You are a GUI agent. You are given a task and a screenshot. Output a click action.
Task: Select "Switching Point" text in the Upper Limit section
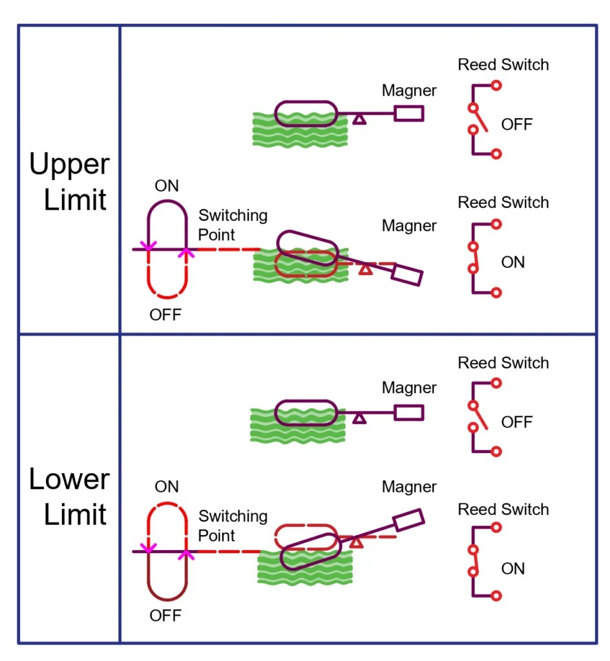tap(233, 223)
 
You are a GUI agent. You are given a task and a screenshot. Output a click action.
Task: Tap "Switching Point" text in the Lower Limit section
tap(233, 525)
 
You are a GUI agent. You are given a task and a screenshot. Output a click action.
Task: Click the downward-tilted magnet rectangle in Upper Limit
tap(407, 275)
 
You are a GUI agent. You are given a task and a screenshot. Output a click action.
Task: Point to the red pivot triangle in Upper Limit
tap(366, 269)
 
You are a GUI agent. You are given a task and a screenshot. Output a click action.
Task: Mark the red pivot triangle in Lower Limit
tap(356, 542)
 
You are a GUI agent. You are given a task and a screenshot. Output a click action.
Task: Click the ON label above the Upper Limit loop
tap(167, 186)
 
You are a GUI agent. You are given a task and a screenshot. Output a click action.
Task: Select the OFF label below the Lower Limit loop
tap(165, 615)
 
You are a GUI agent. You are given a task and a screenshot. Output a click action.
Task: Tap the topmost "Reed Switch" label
tap(503, 65)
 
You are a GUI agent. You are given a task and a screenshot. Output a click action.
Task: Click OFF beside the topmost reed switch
tap(517, 125)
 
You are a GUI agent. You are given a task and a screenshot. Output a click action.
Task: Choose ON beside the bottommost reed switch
tap(513, 569)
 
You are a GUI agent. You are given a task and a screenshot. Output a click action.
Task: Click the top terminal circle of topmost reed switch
tap(496, 85)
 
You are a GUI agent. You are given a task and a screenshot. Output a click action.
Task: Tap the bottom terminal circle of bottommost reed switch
tap(496, 595)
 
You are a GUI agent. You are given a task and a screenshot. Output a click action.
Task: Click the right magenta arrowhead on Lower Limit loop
tap(186, 553)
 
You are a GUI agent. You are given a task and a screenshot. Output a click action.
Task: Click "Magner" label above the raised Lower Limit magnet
tap(409, 487)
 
